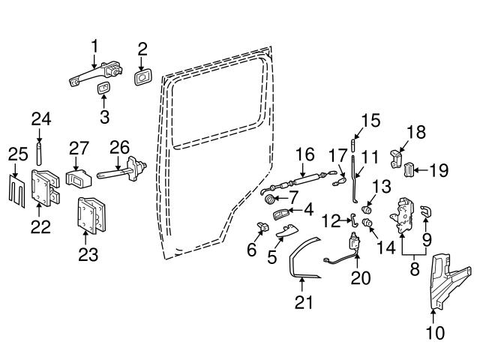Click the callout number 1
point(94,46)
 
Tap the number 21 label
point(304,302)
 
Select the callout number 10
point(435,333)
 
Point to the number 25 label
point(18,154)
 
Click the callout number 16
point(305,154)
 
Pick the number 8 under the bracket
point(414,268)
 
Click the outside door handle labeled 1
point(95,73)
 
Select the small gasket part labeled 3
point(103,88)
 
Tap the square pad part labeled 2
point(142,77)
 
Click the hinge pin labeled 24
point(39,154)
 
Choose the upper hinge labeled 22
point(45,188)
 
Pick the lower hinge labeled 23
point(91,216)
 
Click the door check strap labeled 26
point(122,169)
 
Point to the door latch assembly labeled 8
point(402,216)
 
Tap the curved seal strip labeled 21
point(304,257)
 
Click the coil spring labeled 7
point(270,199)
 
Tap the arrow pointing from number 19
point(421,170)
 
